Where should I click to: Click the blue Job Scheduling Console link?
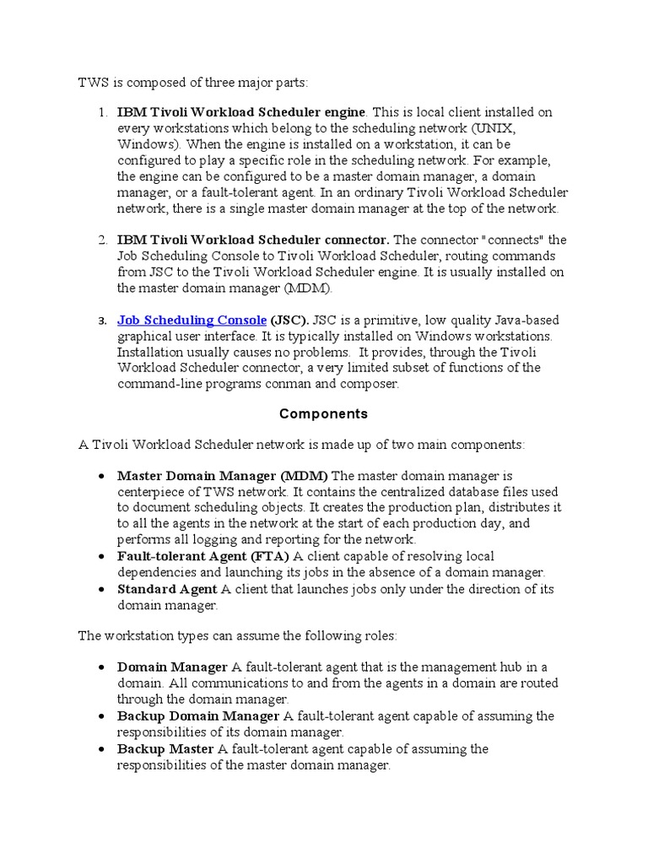[x=192, y=321]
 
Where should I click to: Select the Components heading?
[x=323, y=413]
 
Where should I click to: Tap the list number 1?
[x=101, y=112]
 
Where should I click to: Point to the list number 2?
[x=101, y=240]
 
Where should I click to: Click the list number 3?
[x=101, y=321]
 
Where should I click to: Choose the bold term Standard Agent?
[x=167, y=589]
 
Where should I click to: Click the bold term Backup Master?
[x=165, y=749]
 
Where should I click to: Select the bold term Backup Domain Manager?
[x=198, y=716]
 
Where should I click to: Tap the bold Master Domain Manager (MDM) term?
[x=223, y=476]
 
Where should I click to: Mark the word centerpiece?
[x=150, y=492]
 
